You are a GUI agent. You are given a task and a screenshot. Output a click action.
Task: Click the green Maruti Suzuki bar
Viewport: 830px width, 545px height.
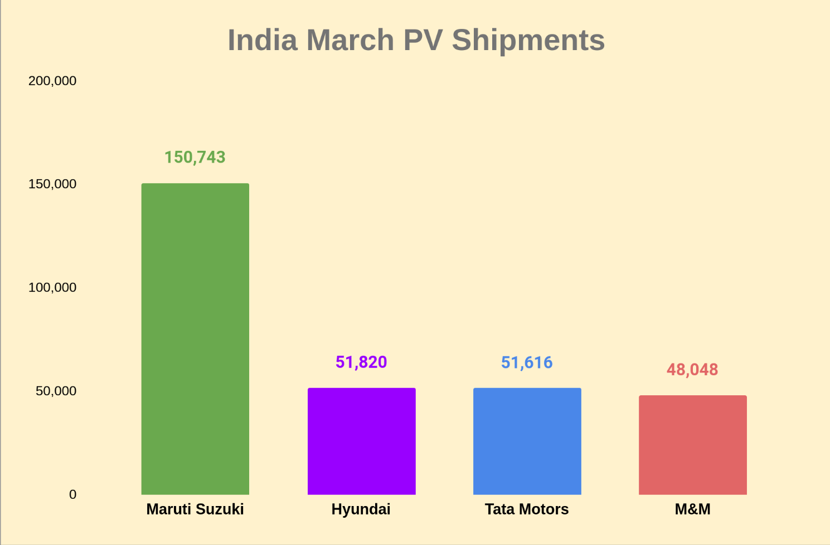[195, 338]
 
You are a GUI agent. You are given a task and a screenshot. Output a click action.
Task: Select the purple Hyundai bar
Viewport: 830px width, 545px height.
[361, 441]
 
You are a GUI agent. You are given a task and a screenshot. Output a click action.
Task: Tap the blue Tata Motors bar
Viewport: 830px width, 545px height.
[527, 441]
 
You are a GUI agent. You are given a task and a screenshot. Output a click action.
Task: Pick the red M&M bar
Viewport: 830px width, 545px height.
[692, 445]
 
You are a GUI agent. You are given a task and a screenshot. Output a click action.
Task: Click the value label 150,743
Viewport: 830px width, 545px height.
[195, 158]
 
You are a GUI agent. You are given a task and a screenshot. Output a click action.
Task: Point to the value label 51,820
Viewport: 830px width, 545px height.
[361, 362]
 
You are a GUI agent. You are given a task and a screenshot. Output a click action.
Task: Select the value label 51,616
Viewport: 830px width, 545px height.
[527, 363]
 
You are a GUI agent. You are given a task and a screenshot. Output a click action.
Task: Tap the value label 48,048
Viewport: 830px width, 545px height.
[692, 370]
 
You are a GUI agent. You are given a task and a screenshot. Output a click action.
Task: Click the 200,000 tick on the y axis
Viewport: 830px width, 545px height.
[52, 81]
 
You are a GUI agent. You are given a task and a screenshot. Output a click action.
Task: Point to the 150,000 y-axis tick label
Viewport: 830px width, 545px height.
[52, 184]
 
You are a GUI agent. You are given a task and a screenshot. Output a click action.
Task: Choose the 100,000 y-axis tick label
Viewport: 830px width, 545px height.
[52, 288]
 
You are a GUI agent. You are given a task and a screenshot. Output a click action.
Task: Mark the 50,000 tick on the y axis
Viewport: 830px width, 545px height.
[56, 391]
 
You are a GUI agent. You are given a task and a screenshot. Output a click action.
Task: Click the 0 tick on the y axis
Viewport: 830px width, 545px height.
[72, 494]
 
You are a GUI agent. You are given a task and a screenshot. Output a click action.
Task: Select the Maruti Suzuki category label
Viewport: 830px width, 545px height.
[195, 509]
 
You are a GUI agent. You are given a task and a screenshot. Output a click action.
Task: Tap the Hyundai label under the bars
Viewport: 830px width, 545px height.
[361, 509]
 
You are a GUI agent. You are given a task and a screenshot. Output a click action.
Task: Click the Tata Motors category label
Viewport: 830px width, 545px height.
[527, 509]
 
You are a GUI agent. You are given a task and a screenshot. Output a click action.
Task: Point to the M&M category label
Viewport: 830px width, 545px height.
[692, 509]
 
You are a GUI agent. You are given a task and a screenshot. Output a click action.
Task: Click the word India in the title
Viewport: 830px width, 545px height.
[263, 41]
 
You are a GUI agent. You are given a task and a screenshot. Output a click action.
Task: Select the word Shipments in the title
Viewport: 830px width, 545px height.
[528, 41]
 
